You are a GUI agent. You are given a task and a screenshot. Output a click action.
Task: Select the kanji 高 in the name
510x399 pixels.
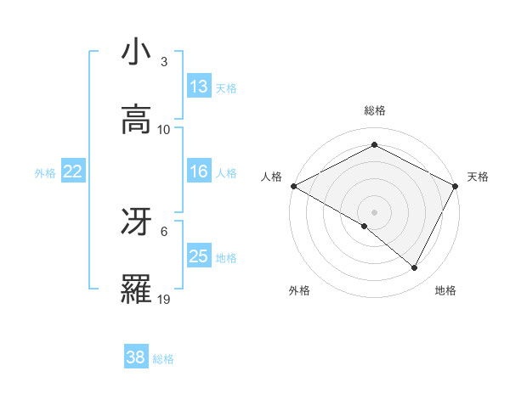[136, 119]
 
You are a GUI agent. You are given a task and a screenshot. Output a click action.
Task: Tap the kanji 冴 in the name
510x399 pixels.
[136, 222]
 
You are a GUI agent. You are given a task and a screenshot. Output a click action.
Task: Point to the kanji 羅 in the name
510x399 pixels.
[136, 289]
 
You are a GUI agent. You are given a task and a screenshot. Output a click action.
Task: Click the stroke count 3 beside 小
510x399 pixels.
[163, 62]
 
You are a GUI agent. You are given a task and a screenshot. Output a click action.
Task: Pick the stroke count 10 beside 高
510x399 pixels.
[164, 130]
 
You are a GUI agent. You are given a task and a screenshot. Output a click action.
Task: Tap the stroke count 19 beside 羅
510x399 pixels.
[164, 300]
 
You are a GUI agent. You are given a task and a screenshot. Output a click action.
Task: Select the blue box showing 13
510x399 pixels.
[199, 87]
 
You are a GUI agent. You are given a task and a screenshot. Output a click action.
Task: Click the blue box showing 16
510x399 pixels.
[199, 171]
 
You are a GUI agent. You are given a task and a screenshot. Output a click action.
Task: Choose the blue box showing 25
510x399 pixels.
[199, 256]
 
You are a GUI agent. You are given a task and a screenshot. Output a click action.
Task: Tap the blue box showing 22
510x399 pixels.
[73, 171]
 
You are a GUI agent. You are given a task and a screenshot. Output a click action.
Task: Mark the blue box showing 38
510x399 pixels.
[136, 357]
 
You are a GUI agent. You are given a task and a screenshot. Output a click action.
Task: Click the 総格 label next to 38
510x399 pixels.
[164, 359]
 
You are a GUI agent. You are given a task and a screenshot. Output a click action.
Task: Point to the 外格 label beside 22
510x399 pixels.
[45, 173]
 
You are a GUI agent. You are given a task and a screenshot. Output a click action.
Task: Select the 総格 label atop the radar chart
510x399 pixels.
[375, 110]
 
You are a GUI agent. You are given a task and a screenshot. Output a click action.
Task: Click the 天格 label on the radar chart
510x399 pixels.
[479, 177]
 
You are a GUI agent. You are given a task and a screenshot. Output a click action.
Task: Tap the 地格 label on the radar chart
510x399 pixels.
[445, 291]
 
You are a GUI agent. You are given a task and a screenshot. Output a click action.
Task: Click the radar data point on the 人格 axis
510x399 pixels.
[293, 186]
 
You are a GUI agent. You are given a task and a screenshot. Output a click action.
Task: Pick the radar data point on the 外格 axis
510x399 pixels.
[365, 226]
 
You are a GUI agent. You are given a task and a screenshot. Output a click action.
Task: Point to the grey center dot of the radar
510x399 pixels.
[375, 211]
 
